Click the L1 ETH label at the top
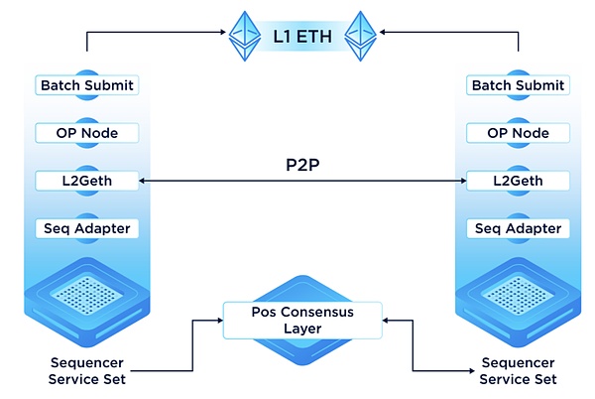(303, 39)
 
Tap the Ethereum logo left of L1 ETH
(244, 36)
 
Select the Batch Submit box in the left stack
(86, 85)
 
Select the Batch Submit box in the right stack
(517, 85)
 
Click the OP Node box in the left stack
(86, 132)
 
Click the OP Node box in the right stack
(517, 132)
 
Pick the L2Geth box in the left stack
(86, 181)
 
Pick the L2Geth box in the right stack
(517, 181)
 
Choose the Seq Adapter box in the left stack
(86, 228)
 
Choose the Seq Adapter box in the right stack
(517, 228)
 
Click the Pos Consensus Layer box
(302, 320)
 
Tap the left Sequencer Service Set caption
(87, 371)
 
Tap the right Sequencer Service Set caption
(518, 371)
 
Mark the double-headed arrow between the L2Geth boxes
(302, 182)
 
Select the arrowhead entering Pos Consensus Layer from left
(217, 320)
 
